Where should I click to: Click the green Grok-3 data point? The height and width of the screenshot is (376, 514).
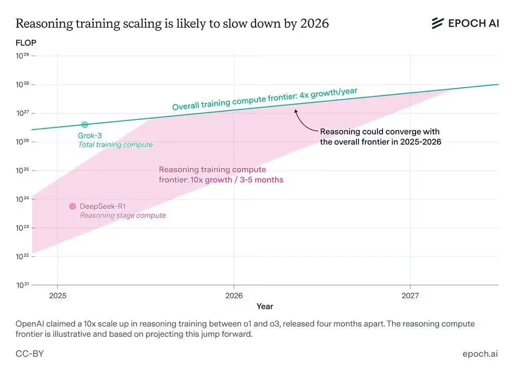coord(84,124)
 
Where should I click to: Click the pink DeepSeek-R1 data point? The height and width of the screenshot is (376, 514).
coord(72,206)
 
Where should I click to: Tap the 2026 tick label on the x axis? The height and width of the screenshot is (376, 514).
coord(233,295)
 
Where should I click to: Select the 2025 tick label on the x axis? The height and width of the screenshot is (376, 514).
coord(57,295)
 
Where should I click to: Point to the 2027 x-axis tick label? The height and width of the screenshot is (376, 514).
coord(410,295)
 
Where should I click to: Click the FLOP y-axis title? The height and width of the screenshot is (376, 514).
coord(26,43)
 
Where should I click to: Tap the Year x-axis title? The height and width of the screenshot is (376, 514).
coord(265,306)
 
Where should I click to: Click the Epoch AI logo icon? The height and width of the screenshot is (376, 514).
coord(438,23)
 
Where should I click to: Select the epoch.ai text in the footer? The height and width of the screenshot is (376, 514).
coord(480,354)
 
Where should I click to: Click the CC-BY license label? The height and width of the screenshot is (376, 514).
coord(30,354)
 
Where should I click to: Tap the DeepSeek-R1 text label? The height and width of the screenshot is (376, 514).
coord(103,206)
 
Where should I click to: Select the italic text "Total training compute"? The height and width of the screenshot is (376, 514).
coord(115,145)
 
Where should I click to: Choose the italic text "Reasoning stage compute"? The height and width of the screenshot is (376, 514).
coord(122,215)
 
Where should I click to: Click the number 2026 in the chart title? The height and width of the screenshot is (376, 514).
coord(313,23)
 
